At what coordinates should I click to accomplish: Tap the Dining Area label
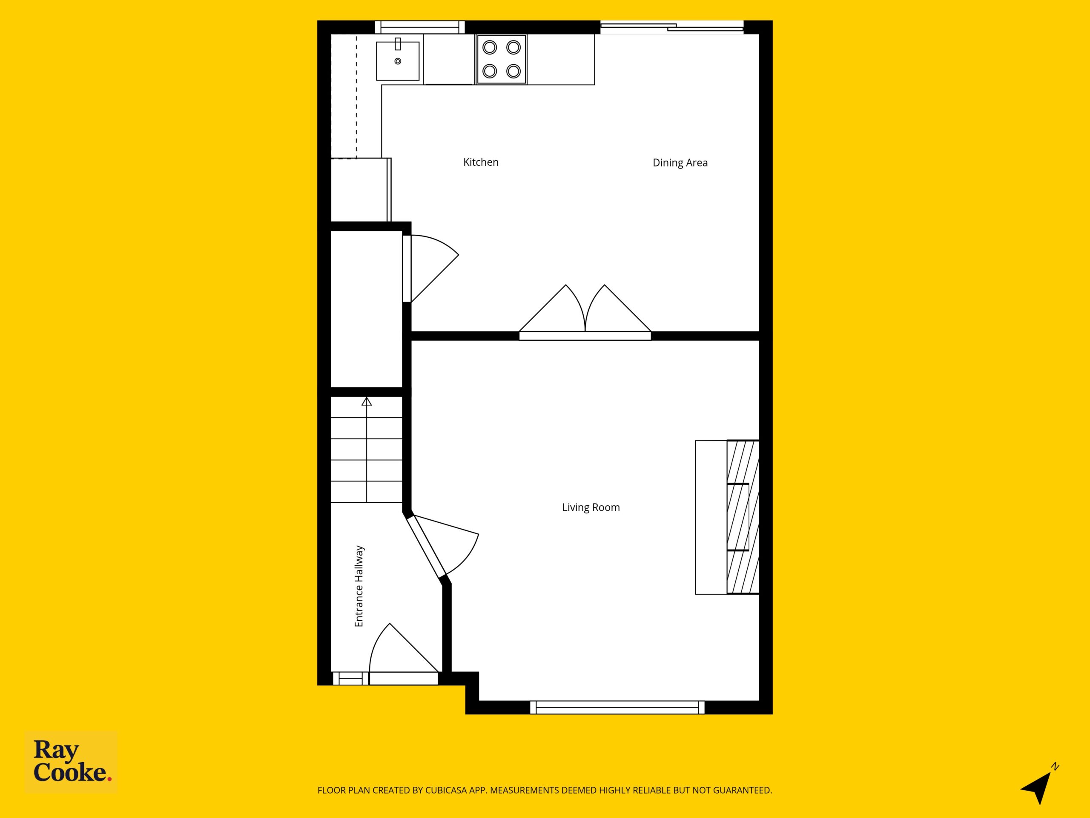(680, 163)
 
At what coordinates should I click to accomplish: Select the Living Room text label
(591, 507)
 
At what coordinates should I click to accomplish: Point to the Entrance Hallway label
(359, 586)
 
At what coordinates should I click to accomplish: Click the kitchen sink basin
(398, 61)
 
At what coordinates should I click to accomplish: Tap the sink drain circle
(398, 61)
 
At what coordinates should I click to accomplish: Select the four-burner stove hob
(501, 59)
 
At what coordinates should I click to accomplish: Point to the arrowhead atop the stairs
(366, 401)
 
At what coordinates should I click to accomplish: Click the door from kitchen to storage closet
(430, 268)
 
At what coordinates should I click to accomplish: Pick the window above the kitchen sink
(419, 27)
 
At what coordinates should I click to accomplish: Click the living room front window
(617, 707)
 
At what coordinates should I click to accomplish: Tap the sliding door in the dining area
(671, 27)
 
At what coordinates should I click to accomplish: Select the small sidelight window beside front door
(351, 678)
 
